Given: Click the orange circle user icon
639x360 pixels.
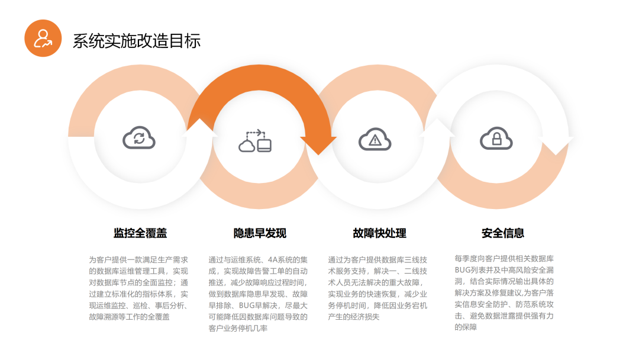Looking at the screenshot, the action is [43, 38].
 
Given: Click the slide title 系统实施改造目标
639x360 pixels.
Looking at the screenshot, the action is [137, 40].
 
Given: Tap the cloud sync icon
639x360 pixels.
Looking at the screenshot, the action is [139, 139].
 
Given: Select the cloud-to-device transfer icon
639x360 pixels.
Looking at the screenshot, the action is [256, 141].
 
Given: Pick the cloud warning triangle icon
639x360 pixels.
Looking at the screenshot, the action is [375, 140].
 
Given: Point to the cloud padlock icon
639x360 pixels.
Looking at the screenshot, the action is [496, 139].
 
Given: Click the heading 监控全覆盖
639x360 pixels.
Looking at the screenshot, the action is [140, 233].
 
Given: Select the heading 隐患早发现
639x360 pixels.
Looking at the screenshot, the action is [260, 233].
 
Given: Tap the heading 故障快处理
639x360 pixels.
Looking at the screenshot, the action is [379, 233].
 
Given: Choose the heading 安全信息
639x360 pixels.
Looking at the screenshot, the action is [503, 233].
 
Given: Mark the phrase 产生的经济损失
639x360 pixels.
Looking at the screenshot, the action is [354, 317].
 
